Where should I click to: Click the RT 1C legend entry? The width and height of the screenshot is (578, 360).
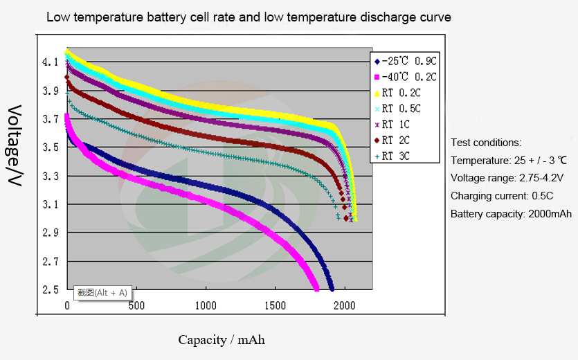[397, 125]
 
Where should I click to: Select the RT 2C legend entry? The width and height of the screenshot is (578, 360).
[397, 141]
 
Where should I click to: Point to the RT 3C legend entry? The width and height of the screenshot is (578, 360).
[397, 156]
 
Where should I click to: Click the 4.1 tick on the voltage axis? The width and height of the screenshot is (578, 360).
[49, 62]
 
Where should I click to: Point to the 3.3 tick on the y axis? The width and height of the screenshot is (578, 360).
[49, 177]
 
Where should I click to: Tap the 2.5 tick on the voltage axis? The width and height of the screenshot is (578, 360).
[49, 290]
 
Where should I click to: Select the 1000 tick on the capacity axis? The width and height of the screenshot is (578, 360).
[206, 306]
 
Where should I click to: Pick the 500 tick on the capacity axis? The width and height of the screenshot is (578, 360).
[136, 306]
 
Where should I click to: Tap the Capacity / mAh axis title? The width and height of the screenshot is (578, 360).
[222, 340]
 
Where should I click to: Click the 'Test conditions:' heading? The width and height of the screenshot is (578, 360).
[486, 143]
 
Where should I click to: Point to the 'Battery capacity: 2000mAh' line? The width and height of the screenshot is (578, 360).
[511, 214]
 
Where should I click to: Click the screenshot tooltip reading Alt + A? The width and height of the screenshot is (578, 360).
[102, 292]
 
